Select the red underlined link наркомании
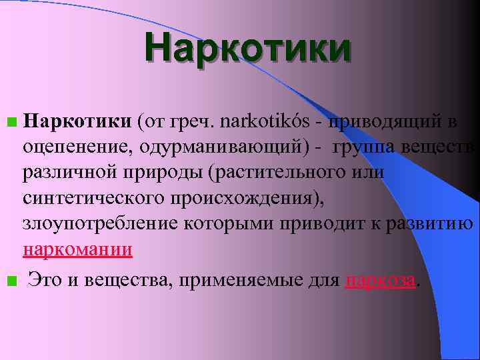coord(77,249)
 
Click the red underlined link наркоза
coord(381,281)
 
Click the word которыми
coord(219,224)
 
